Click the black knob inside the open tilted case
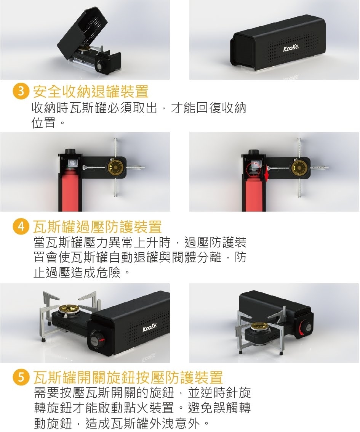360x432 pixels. (99, 66)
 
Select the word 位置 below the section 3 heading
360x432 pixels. (44, 123)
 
